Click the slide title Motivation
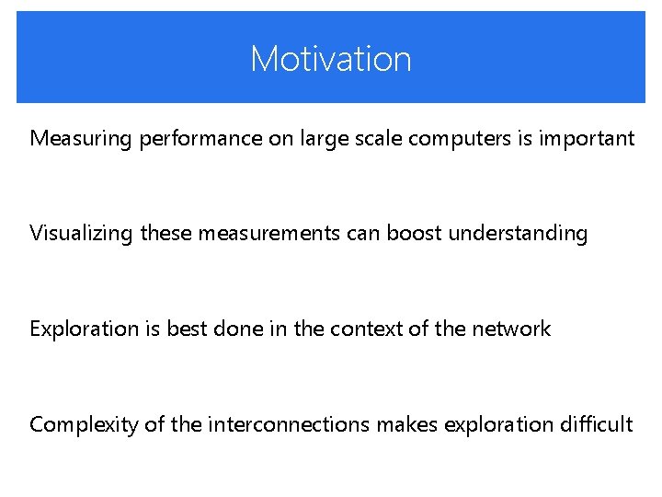[x=331, y=59]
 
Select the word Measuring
[x=81, y=139]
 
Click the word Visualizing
[x=81, y=234]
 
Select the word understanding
[x=518, y=234]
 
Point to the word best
[x=185, y=329]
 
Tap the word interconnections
[x=289, y=424]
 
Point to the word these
[x=166, y=234]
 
